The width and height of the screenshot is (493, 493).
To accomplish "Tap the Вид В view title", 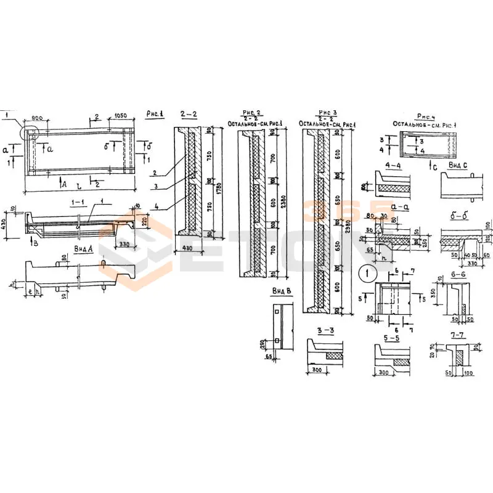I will (280, 290).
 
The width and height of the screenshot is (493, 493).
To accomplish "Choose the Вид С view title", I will (457, 165).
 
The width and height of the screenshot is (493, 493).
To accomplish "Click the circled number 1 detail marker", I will (365, 272).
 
